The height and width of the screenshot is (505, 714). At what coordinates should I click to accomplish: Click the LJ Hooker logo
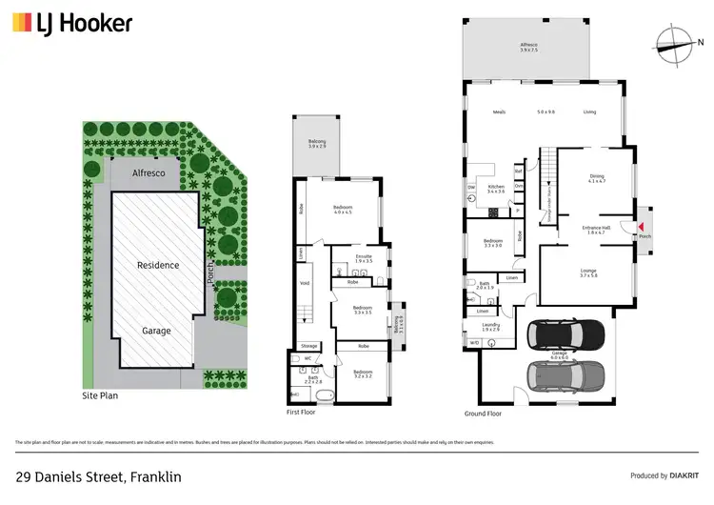(72, 24)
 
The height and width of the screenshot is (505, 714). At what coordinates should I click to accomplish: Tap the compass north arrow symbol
(676, 40)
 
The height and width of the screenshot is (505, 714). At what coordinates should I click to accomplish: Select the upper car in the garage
(565, 335)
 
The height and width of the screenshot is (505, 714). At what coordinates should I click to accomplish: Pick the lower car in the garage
(565, 373)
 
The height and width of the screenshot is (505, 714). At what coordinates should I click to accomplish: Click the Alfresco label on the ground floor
(529, 46)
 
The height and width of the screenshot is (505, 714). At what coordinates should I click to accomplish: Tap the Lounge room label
(588, 272)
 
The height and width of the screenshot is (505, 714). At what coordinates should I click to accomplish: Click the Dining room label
(596, 176)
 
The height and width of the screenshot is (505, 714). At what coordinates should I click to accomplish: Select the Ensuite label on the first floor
(364, 256)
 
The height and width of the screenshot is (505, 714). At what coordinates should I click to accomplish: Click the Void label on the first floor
(304, 283)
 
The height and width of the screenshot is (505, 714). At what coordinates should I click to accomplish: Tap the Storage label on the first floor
(308, 346)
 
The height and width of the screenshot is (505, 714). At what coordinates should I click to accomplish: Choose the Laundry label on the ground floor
(491, 325)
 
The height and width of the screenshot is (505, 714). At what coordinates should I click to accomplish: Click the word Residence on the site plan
(158, 265)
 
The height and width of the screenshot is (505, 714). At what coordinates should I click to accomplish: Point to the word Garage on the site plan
(157, 331)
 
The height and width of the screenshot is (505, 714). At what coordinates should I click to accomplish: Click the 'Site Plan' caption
(100, 394)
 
